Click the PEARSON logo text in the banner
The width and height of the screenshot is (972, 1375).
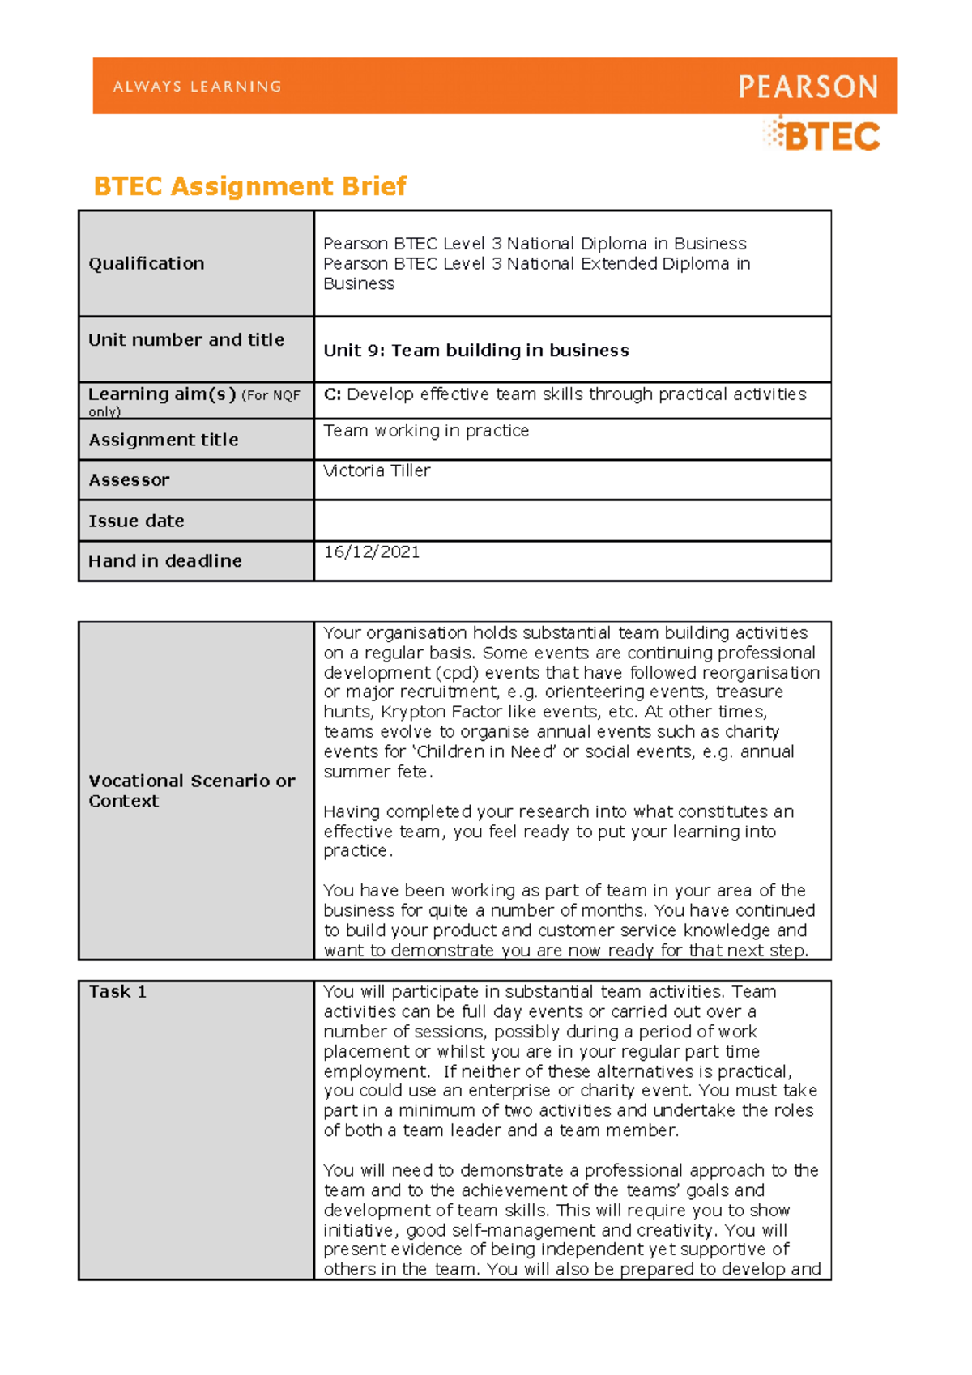pos(808,87)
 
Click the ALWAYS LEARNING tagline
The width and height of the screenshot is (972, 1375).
pos(197,87)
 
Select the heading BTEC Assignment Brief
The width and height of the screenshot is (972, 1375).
pos(249,186)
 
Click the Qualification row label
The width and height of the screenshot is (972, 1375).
pos(146,263)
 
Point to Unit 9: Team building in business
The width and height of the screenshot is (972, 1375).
pos(475,351)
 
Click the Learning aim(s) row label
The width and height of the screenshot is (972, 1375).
pos(161,394)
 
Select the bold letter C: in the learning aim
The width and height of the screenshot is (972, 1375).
pos(332,394)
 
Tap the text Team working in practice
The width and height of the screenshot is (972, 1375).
pos(426,431)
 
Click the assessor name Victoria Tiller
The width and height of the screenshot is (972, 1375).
pos(377,470)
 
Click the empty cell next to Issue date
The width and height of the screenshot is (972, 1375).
pos(571,521)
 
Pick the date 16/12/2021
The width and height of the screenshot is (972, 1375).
pos(372,552)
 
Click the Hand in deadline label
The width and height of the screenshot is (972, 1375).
pos(164,560)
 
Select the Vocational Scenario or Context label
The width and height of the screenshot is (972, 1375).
pos(191,790)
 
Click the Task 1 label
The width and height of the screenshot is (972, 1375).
pos(117,992)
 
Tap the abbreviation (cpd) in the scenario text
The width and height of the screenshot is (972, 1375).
pos(456,673)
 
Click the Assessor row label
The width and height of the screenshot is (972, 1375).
pos(129,480)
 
